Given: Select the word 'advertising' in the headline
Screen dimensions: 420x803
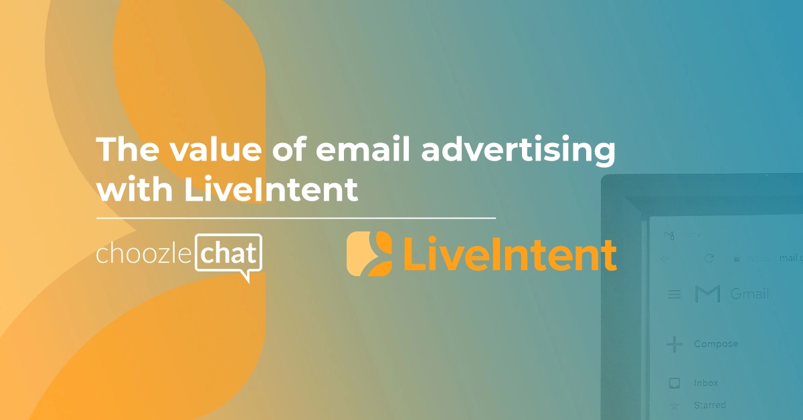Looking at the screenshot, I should (518, 150).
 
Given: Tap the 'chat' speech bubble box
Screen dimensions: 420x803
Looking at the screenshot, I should (228, 253).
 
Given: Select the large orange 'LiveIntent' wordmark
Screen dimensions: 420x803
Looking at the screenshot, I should (508, 255).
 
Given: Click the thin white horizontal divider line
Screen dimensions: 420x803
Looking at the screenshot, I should (296, 218).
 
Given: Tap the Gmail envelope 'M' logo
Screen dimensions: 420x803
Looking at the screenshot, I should (707, 294).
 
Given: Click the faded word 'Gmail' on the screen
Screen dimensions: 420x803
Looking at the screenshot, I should (749, 294).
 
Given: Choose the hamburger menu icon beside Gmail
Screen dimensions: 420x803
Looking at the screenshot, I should (675, 294).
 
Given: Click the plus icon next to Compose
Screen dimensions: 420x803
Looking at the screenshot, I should (675, 344).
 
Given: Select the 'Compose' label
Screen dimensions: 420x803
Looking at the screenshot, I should (716, 344).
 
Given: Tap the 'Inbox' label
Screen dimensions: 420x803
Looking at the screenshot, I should (706, 383).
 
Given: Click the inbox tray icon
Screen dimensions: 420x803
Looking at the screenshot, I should (675, 383).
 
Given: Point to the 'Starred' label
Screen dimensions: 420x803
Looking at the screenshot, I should (709, 405).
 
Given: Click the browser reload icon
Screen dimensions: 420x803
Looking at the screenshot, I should (709, 258).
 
